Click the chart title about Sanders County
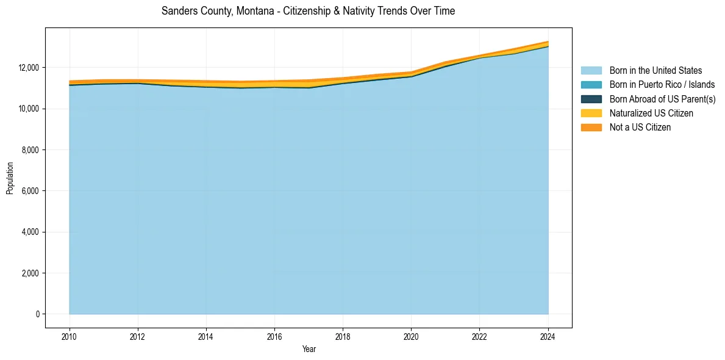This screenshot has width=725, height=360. pyautogui.click(x=308, y=11)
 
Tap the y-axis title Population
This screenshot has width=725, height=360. pyautogui.click(x=10, y=178)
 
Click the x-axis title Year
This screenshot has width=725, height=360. pyautogui.click(x=309, y=350)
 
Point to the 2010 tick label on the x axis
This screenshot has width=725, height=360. pyautogui.click(x=70, y=336)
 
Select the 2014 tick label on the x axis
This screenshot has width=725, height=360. pyautogui.click(x=206, y=336)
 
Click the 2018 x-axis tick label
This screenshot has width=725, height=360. pyautogui.click(x=343, y=336)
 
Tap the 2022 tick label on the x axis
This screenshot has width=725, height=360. pyautogui.click(x=480, y=336)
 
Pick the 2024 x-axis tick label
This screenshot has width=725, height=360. pyautogui.click(x=548, y=336)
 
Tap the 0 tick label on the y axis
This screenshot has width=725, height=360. pyautogui.click(x=38, y=314)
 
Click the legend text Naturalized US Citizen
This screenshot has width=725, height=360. pyautogui.click(x=651, y=113)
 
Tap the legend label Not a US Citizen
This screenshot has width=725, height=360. pyautogui.click(x=640, y=128)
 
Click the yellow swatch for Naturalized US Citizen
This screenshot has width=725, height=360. pyautogui.click(x=591, y=113)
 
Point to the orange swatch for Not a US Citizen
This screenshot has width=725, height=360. pyautogui.click(x=591, y=128)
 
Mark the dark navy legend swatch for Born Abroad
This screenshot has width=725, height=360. pyautogui.click(x=591, y=99)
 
